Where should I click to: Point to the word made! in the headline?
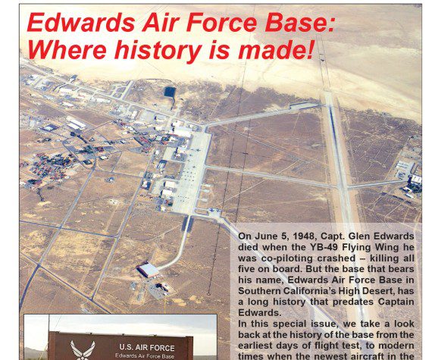(277, 49)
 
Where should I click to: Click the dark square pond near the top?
(170, 92)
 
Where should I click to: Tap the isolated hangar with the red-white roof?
(149, 270)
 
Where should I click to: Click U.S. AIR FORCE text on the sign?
(147, 348)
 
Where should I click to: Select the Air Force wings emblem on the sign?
(83, 350)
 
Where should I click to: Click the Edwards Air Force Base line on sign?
(145, 356)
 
